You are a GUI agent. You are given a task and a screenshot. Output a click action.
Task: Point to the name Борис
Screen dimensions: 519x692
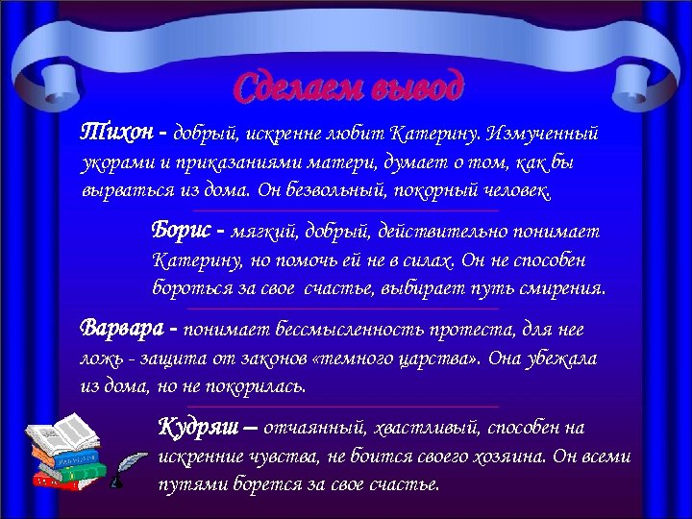[x=182, y=231]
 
